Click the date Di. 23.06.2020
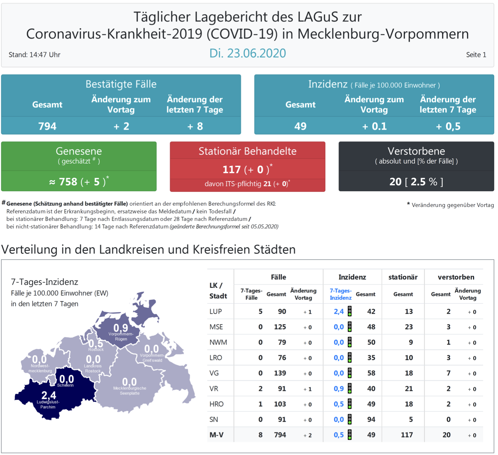248,53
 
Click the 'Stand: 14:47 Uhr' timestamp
34,55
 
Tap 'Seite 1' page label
476,55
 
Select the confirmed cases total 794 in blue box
47,126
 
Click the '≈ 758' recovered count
63,182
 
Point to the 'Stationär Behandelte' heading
247,151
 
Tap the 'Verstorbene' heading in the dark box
416,151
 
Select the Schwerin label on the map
66,385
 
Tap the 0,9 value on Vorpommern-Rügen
120,328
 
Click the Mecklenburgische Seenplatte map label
130,391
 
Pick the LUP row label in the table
216,311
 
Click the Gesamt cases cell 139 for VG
280,373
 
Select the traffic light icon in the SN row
349,419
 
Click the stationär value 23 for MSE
409,327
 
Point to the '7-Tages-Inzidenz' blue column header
340,294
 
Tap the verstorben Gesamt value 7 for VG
448,373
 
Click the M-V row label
216,435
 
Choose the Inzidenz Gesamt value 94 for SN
371,420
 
